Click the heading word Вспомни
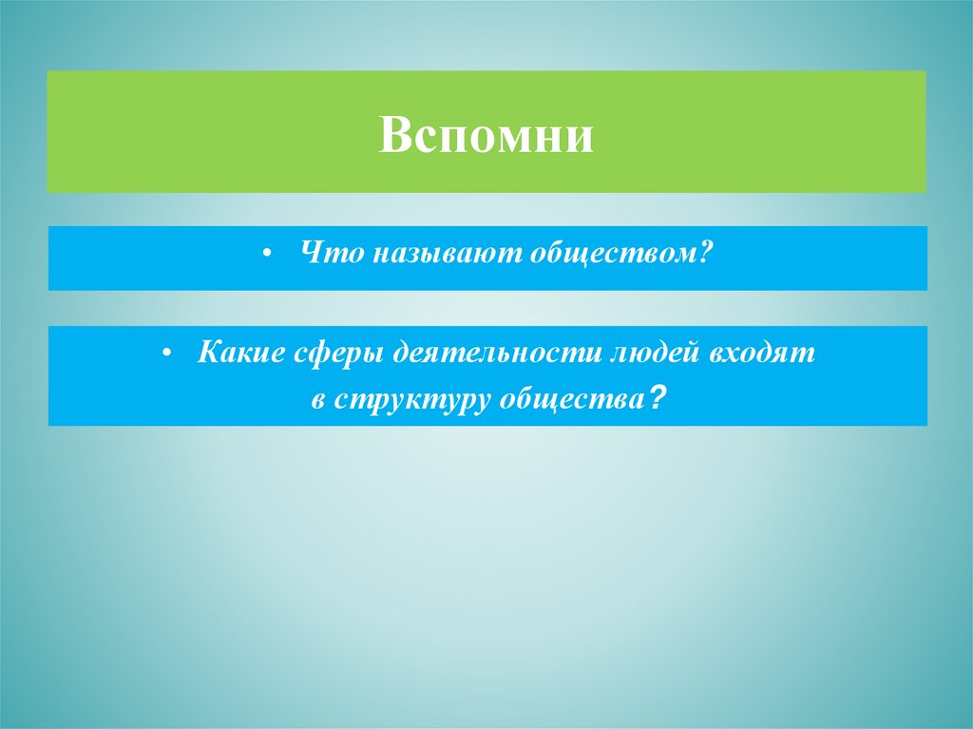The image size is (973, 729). pos(486,135)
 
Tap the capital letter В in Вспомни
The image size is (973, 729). pos(392,135)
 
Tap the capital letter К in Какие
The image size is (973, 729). pos(207,355)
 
